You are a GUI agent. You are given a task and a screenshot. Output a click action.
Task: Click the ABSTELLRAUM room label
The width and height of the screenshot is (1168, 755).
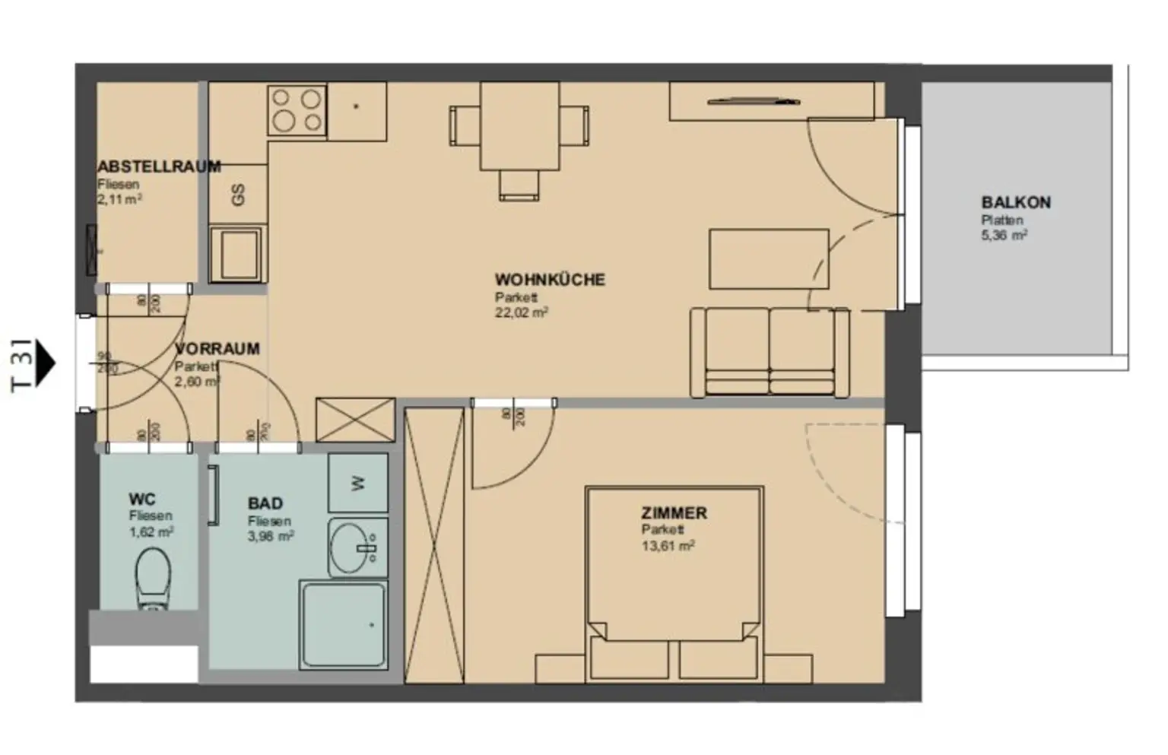tap(159, 167)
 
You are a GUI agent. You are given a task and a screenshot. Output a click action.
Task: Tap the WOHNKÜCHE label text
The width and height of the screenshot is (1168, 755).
tap(550, 280)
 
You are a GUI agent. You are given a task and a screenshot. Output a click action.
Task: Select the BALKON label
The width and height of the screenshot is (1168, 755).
tap(1015, 203)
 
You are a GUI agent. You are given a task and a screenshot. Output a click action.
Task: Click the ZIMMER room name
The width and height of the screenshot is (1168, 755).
tap(674, 513)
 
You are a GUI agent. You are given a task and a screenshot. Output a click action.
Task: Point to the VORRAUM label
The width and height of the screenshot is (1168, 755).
tap(217, 349)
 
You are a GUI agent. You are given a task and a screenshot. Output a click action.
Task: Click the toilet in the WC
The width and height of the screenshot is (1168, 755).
tap(152, 579)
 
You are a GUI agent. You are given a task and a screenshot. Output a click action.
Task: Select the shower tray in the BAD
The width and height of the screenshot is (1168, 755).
tap(342, 626)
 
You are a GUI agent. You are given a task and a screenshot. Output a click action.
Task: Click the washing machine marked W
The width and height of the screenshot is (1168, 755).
tap(358, 482)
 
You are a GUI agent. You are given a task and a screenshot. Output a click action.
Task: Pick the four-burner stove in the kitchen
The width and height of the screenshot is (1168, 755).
tap(297, 110)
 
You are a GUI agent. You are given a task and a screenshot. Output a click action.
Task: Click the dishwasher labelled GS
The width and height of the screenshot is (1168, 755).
tap(238, 195)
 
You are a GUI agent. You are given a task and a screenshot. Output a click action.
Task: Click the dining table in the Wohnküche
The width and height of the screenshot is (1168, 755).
tap(520, 126)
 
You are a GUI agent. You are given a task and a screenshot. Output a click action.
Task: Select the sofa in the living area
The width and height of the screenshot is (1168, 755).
tap(770, 352)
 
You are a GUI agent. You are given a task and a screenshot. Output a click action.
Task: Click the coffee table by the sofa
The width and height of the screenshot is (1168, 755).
tap(768, 259)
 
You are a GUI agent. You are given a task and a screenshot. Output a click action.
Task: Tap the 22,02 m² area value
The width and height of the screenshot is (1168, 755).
tap(522, 312)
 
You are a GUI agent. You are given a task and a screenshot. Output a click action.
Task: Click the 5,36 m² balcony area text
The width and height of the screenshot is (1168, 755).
tap(1004, 236)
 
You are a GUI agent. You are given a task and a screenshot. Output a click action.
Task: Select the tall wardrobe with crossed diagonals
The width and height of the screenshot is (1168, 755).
tap(433, 544)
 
